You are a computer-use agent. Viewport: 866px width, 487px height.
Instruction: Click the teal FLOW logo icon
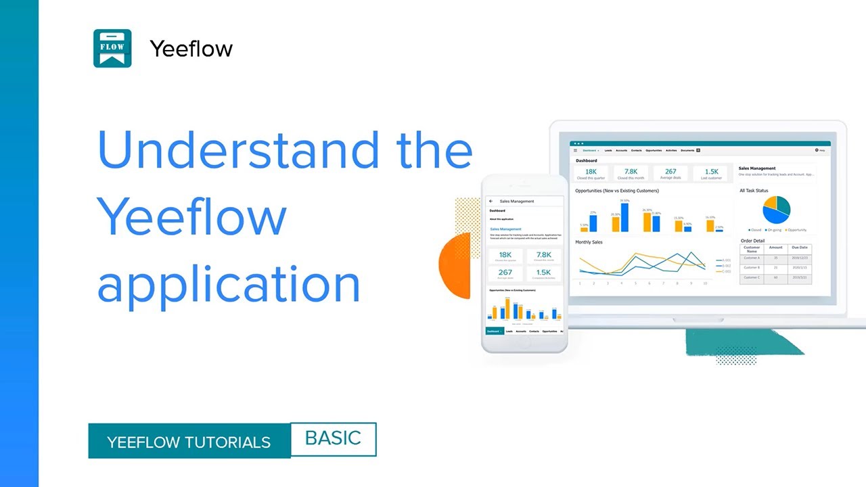112,48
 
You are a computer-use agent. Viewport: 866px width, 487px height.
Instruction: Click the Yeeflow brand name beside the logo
191,49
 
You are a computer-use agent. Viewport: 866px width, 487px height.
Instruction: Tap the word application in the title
228,284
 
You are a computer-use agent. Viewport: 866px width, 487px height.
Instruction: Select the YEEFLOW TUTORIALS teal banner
189,442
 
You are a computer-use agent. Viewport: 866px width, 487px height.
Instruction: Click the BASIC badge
333,438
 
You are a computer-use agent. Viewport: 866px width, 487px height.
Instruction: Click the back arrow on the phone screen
491,202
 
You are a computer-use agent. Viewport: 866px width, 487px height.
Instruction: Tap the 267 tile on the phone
505,274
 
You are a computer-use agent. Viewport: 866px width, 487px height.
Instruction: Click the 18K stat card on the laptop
591,174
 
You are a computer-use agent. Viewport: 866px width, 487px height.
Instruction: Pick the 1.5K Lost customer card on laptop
711,174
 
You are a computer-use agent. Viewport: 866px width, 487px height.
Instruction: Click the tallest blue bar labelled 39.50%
624,217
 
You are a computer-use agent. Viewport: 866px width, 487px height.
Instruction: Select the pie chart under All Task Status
776,210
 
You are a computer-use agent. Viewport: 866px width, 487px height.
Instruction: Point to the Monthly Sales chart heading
589,242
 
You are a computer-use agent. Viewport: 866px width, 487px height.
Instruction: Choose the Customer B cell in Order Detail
752,268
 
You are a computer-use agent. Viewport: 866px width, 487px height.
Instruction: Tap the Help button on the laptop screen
820,150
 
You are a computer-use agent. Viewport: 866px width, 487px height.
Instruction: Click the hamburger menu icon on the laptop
576,150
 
